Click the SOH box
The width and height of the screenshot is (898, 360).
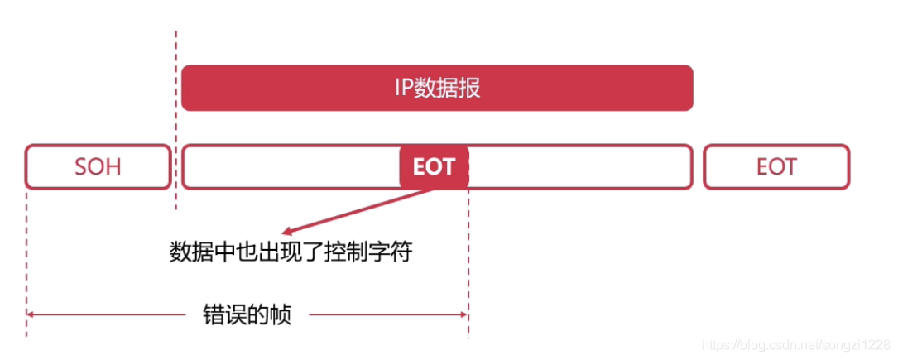click(98, 166)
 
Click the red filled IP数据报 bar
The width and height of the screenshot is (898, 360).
click(437, 88)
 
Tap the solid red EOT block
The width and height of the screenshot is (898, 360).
click(435, 167)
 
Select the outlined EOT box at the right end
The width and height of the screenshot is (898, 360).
click(776, 166)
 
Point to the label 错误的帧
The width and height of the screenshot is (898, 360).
click(247, 314)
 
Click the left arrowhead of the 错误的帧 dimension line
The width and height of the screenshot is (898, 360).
click(31, 314)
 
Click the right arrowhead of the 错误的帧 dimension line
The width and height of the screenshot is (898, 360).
click(464, 314)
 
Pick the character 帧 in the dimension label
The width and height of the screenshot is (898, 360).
click(281, 314)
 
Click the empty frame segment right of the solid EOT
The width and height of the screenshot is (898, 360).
click(579, 166)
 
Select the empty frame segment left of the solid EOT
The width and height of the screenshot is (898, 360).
click(290, 166)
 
